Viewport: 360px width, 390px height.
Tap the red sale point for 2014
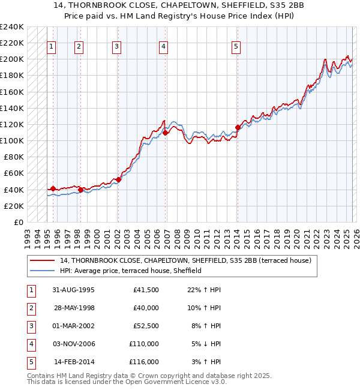[238, 127]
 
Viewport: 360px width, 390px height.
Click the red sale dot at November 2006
[165, 133]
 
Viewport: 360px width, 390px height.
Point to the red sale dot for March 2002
[118, 179]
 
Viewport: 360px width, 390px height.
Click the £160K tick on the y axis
[12, 92]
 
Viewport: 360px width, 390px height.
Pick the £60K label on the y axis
[14, 173]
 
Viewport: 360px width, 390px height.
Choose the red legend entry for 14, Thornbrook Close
[185, 260]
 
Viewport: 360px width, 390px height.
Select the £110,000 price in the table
[144, 344]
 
